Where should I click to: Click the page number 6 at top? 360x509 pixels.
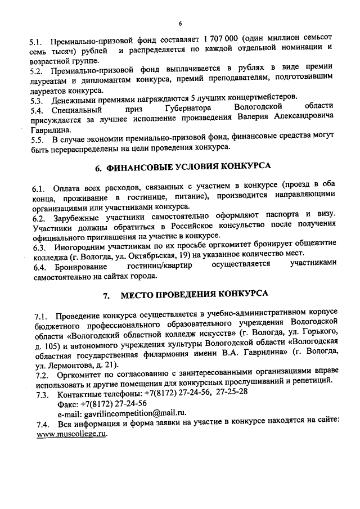coord(180,24)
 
